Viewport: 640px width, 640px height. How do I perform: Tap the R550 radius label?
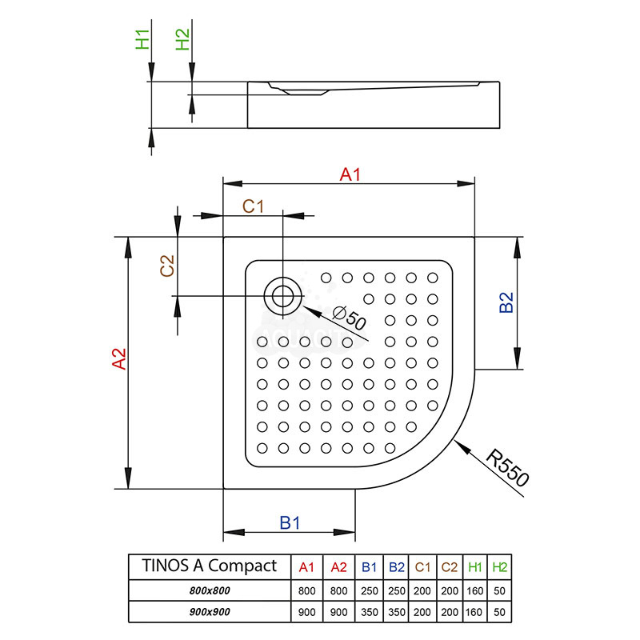click(507, 468)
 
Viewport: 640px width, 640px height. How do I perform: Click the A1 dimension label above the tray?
click(350, 174)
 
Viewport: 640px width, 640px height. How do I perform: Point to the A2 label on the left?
click(118, 359)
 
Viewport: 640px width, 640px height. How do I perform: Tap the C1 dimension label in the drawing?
click(254, 206)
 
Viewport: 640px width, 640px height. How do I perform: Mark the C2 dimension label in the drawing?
click(167, 266)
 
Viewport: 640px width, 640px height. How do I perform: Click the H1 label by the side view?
click(142, 39)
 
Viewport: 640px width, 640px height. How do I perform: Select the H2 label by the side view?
click(183, 39)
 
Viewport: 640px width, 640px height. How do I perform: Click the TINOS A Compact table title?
click(209, 566)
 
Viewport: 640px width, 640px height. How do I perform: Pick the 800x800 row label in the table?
click(209, 590)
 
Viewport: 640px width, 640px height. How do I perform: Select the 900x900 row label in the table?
click(209, 612)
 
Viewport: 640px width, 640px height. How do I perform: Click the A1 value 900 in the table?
click(306, 612)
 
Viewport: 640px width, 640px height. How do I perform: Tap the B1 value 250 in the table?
click(369, 590)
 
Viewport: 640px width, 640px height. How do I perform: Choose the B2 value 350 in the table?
click(396, 612)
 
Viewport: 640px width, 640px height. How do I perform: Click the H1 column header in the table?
click(474, 566)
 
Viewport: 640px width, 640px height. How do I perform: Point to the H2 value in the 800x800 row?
click(500, 590)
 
